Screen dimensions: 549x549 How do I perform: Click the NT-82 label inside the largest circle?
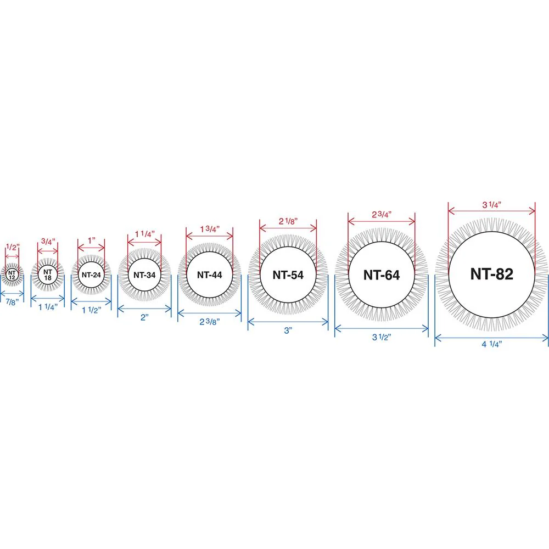coord(491,274)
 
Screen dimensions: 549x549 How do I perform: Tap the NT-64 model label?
coord(382,275)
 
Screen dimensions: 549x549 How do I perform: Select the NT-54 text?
coord(288,275)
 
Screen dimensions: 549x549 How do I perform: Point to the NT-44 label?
coord(209,275)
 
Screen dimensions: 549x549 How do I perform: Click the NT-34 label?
coord(144,275)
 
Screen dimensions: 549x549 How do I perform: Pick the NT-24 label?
coord(91,275)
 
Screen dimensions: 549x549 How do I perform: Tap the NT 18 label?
coord(48,275)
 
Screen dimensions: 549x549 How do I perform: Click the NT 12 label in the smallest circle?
coord(12,275)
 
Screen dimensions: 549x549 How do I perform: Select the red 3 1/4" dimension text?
coord(491,205)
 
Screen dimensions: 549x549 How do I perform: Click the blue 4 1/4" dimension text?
coord(491,344)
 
